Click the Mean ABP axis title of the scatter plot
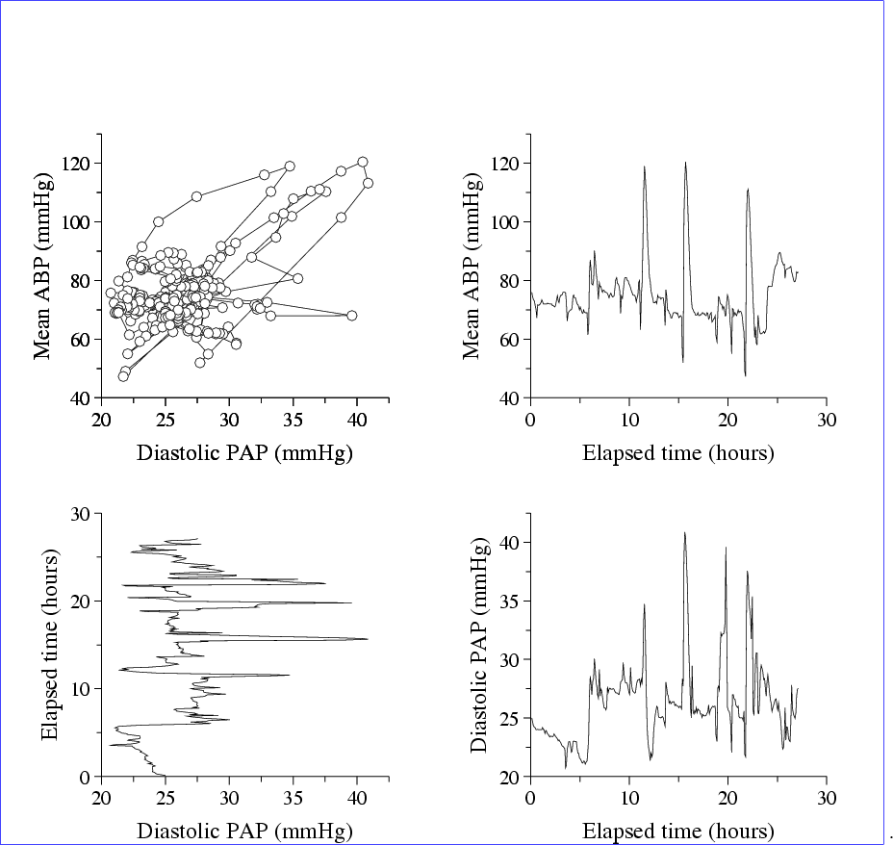coord(42,266)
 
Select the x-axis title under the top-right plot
coord(677,452)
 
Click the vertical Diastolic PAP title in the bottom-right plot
coord(478,646)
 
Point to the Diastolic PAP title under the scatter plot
coord(245,452)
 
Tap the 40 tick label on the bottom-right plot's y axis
coord(512,543)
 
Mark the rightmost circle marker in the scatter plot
coord(368,183)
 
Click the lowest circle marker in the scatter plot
coord(123,376)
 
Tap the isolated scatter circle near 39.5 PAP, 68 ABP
coord(351,316)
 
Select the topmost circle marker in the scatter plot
coord(363,162)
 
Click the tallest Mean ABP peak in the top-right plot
coord(686,163)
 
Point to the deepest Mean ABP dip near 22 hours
coord(745,375)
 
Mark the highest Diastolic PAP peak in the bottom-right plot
coord(685,532)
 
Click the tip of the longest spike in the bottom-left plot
coord(368,639)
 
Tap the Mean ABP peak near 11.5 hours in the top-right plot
coord(645,166)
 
